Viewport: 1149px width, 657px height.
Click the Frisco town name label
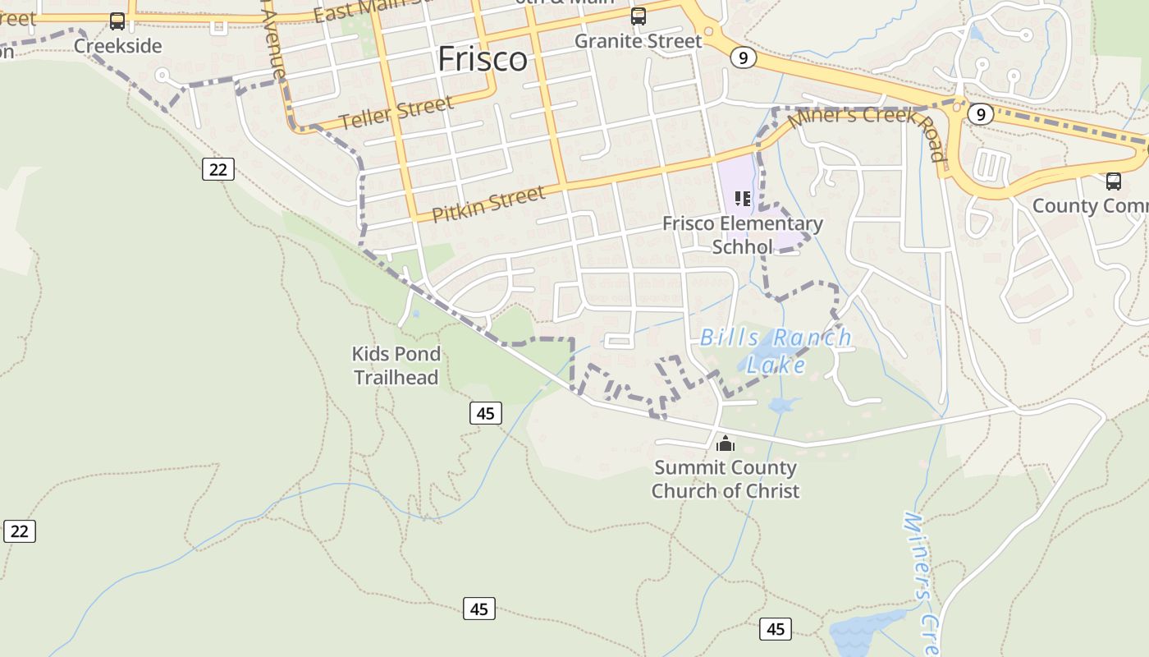pyautogui.click(x=483, y=59)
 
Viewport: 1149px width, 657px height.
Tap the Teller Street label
pyautogui.click(x=396, y=113)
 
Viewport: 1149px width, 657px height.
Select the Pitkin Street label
pyautogui.click(x=488, y=204)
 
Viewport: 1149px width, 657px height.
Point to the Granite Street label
pyautogui.click(x=639, y=41)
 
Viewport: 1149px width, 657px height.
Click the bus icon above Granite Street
pyautogui.click(x=638, y=16)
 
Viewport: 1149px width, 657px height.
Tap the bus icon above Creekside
pyautogui.click(x=117, y=21)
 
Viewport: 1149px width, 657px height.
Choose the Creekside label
pyautogui.click(x=118, y=46)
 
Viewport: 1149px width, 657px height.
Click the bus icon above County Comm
pyautogui.click(x=1113, y=181)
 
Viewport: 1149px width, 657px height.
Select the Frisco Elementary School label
pyautogui.click(x=742, y=235)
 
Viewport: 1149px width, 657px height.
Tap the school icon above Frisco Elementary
pyautogui.click(x=743, y=198)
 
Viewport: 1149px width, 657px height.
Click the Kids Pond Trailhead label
pyautogui.click(x=396, y=365)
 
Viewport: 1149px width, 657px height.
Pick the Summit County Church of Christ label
pyautogui.click(x=726, y=480)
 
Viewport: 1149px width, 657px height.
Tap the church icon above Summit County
pyautogui.click(x=726, y=443)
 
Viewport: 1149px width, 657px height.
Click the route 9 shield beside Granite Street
pyautogui.click(x=743, y=57)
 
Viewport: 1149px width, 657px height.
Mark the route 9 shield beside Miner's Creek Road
pyautogui.click(x=980, y=114)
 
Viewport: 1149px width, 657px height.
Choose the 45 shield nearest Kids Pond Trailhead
pyautogui.click(x=486, y=413)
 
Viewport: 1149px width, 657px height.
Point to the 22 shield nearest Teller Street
pyautogui.click(x=217, y=169)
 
